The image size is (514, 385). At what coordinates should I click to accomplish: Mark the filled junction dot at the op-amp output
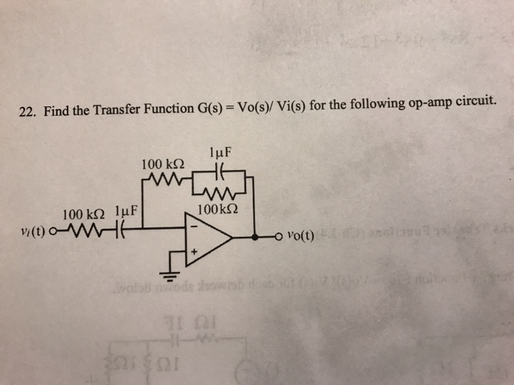coord(255,237)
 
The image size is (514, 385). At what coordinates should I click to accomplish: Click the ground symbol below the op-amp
coord(170,276)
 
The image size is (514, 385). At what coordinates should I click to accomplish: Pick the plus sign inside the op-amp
coord(195,252)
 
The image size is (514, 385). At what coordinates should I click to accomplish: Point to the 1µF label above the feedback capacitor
coord(220,154)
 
